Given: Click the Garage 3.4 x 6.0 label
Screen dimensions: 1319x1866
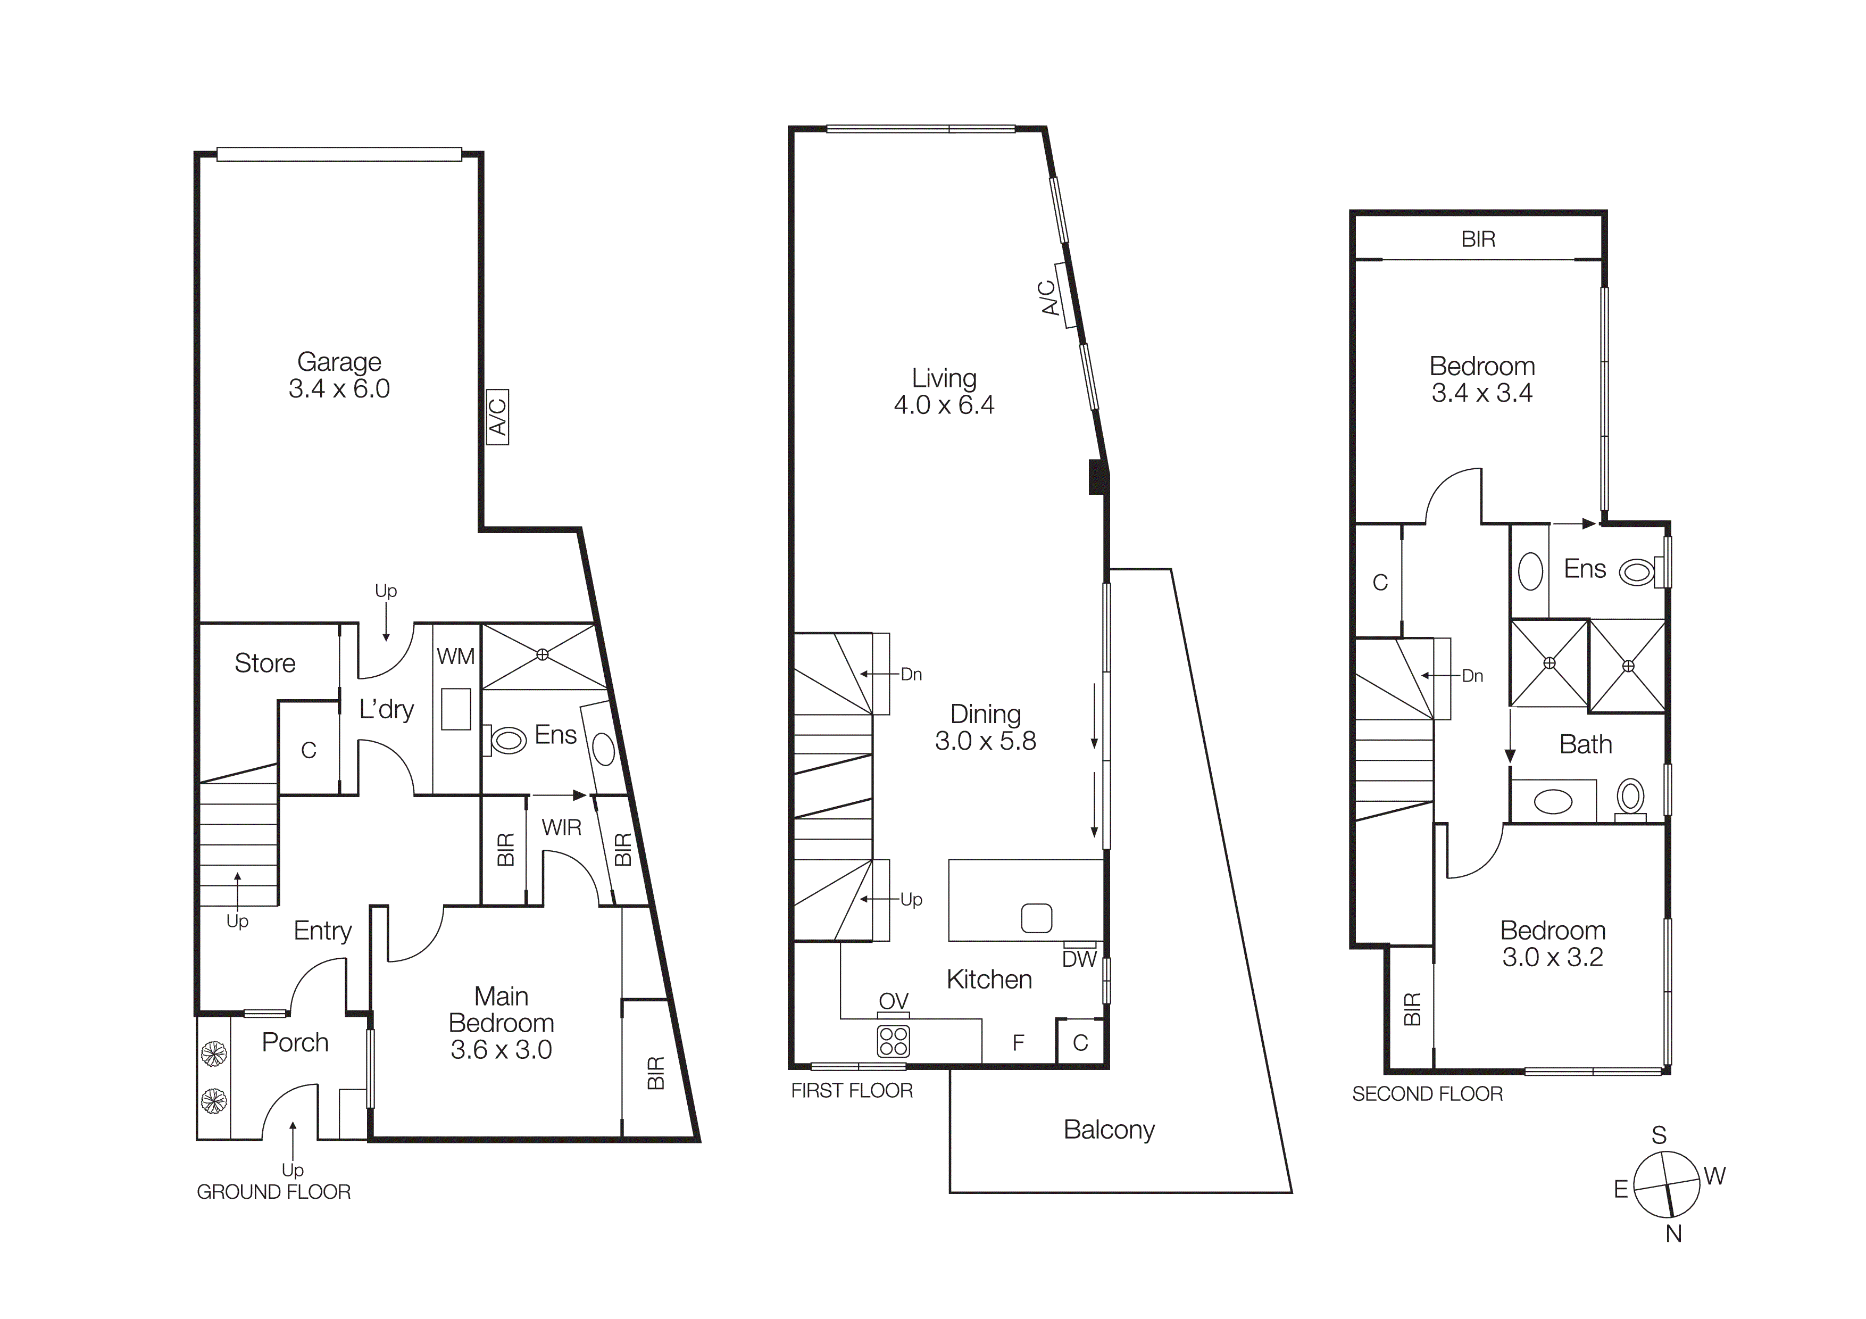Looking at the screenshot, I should [x=339, y=375].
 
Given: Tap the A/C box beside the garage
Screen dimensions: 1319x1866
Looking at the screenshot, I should [x=497, y=417].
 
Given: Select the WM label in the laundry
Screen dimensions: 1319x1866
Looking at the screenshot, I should [x=455, y=656].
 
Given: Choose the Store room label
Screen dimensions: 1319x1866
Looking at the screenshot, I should [x=264, y=663].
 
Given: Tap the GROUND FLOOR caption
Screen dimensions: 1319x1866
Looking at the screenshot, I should [x=274, y=1192].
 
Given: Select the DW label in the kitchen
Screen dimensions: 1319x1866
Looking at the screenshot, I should [x=1079, y=959].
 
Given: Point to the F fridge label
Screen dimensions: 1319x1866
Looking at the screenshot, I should [x=1018, y=1043].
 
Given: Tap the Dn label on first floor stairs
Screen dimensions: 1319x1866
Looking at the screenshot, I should [x=911, y=675].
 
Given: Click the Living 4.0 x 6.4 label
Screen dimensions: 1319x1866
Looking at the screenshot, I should [x=944, y=391].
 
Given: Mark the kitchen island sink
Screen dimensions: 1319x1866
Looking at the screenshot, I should [x=1036, y=918].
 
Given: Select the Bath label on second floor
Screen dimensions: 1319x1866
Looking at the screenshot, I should [x=1585, y=744].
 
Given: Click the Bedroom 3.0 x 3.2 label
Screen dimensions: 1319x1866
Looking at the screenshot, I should [x=1552, y=943].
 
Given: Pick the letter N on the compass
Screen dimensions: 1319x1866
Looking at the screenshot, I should [x=1673, y=1234].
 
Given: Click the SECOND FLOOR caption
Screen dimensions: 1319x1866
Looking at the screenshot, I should [x=1427, y=1094].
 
